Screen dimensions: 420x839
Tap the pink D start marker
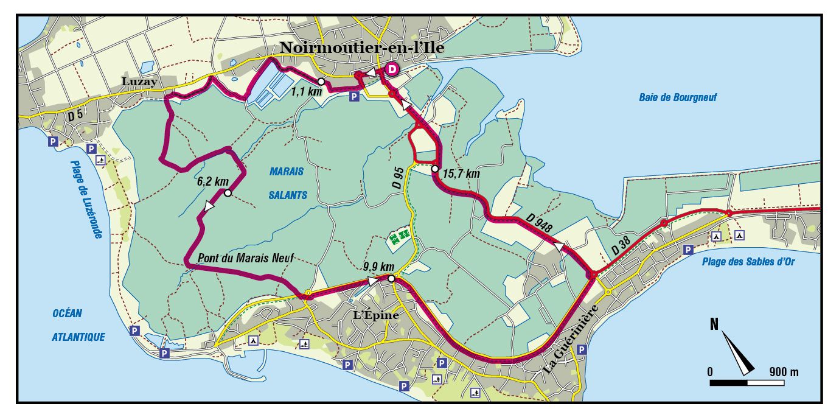point(392,69)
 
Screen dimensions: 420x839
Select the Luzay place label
point(139,81)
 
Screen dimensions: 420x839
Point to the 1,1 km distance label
point(306,93)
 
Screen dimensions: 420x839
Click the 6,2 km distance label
point(212,181)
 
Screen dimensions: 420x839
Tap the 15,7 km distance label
point(461,174)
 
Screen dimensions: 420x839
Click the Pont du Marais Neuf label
point(246,258)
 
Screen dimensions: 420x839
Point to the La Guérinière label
point(569,341)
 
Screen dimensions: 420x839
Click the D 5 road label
point(75,114)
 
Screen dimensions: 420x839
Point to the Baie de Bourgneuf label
point(678,97)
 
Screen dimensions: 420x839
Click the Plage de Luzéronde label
point(86,199)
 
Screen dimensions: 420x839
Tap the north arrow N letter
point(715,323)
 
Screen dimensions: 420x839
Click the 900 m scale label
point(784,371)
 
